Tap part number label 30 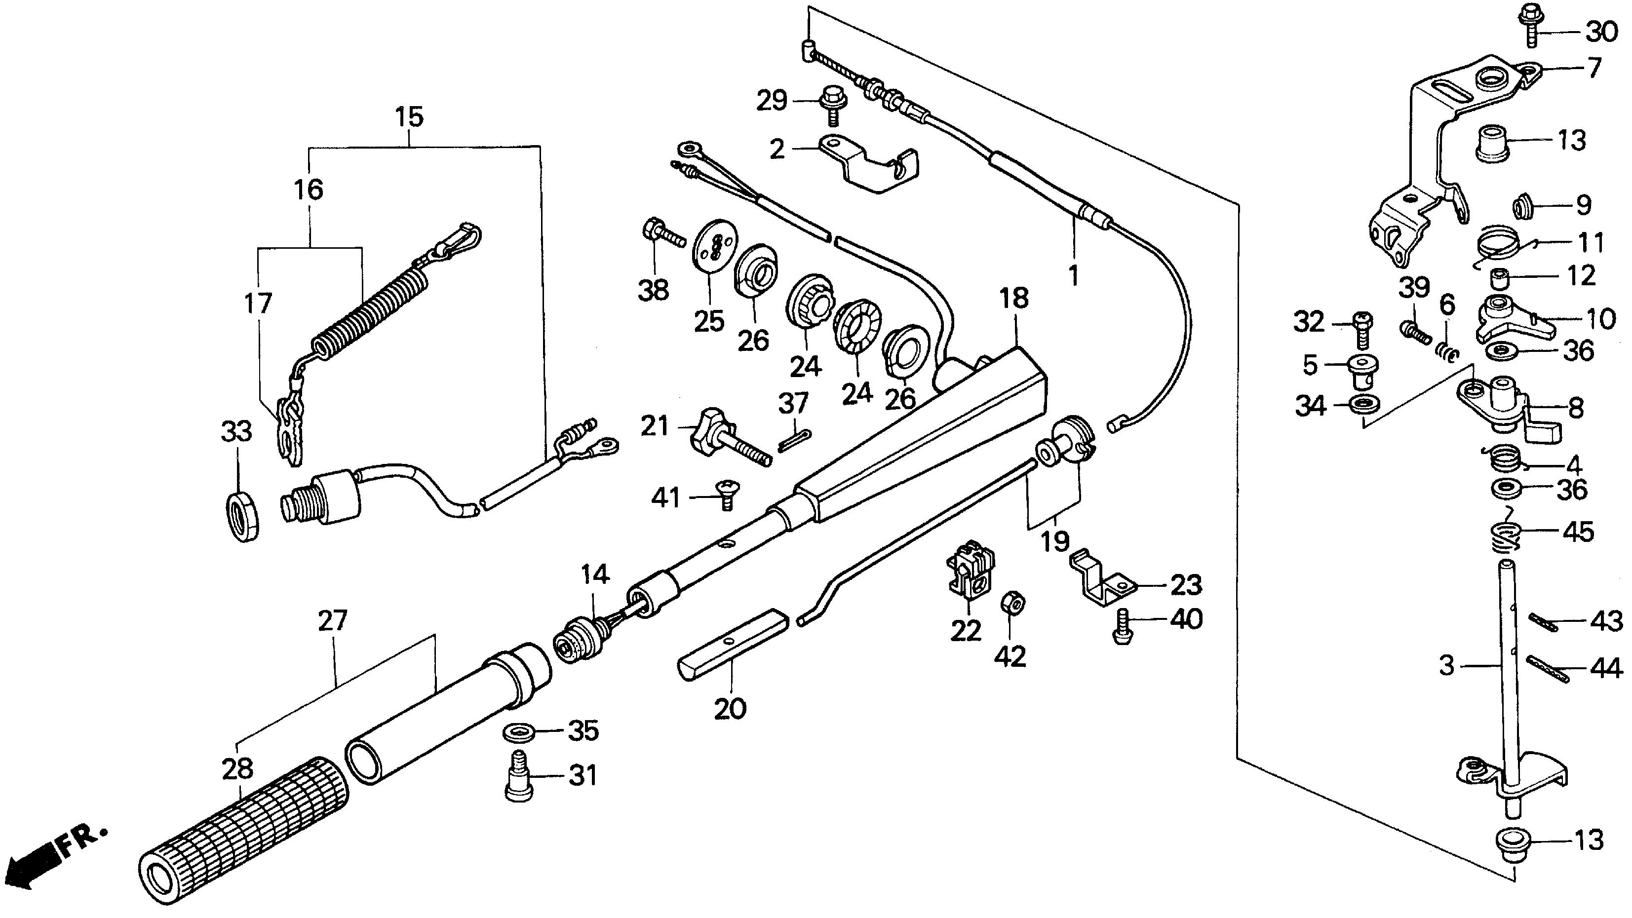[x=1601, y=32]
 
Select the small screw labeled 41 [x=726, y=494]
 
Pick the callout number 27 [x=333, y=621]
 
